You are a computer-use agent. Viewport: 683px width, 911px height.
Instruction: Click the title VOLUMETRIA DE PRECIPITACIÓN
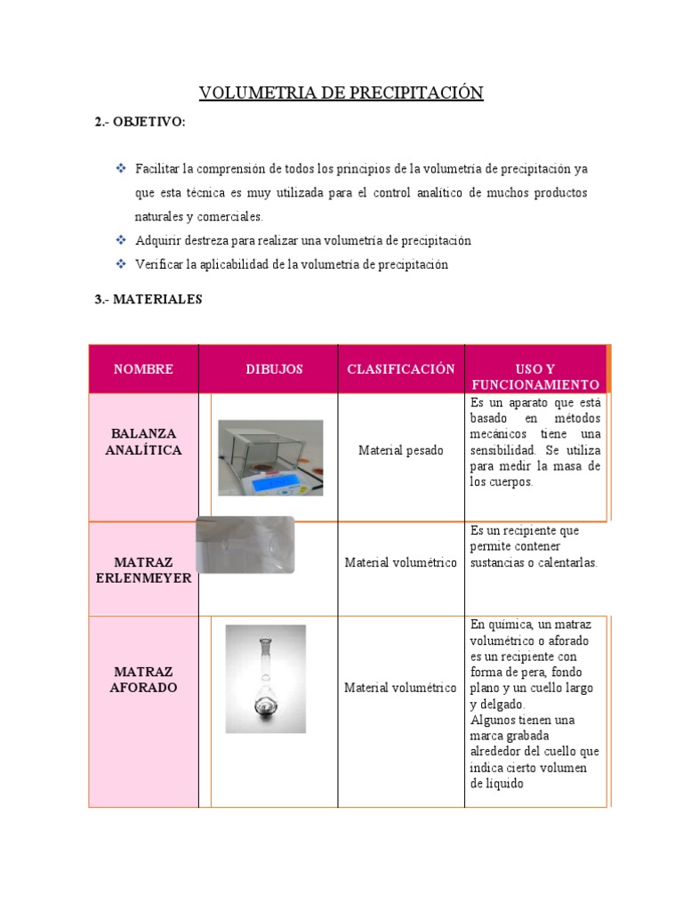click(341, 93)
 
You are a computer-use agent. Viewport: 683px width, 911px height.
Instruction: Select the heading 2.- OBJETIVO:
click(141, 122)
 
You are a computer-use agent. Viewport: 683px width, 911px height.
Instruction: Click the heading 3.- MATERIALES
click(149, 300)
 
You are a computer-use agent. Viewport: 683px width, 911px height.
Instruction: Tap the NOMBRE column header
click(143, 369)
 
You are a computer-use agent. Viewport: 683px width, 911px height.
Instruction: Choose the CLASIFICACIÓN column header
click(400, 369)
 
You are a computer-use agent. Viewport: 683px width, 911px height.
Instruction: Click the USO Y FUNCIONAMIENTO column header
click(534, 376)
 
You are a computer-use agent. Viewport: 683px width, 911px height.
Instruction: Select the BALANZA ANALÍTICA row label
click(143, 442)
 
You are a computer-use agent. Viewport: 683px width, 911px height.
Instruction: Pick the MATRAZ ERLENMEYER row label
click(143, 570)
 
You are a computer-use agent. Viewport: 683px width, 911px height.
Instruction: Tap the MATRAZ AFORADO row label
click(143, 680)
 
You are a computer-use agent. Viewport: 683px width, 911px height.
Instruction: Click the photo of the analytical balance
click(270, 457)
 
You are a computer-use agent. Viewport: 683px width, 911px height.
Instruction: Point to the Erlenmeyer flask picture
click(245, 544)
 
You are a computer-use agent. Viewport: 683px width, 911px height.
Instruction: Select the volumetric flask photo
click(265, 678)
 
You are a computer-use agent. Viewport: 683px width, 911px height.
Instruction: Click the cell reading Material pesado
click(400, 451)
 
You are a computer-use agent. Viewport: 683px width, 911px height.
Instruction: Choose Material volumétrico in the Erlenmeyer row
click(400, 563)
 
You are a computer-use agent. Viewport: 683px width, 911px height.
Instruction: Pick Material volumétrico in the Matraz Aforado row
click(400, 688)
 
